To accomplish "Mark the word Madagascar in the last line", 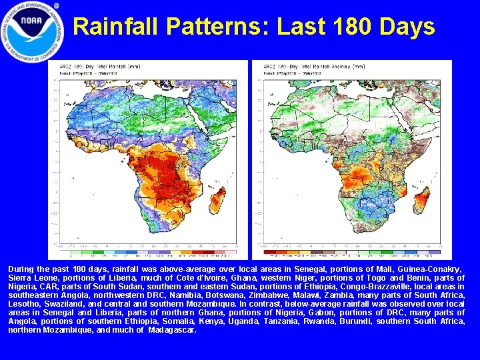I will (172, 329).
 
